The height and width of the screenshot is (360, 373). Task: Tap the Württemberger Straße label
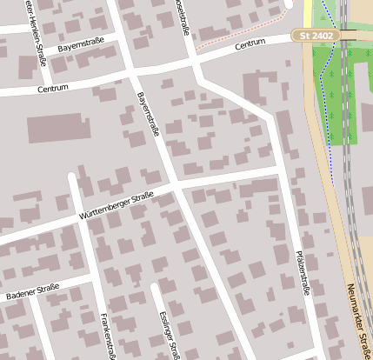click(116, 204)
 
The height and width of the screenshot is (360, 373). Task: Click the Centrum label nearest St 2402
click(250, 43)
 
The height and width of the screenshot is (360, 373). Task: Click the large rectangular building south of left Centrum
click(58, 128)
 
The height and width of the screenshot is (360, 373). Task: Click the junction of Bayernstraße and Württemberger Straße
click(176, 185)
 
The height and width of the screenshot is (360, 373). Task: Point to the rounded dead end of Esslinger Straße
click(156, 286)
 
